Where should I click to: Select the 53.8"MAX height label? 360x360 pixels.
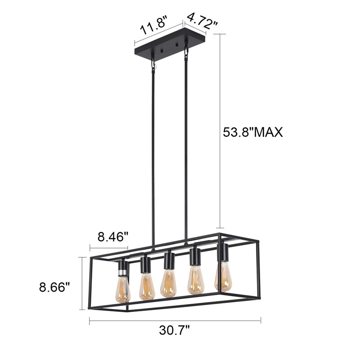253,132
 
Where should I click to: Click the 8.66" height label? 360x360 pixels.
55,287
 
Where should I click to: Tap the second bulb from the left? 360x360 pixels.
147,287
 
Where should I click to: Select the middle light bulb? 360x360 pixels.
169,283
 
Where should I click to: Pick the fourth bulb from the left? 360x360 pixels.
195,280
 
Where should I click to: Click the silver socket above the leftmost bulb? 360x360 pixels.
122,270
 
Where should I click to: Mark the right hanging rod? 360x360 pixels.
186,148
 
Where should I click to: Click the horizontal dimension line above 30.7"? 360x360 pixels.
175,320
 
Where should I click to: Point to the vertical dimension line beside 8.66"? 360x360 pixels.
82,283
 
